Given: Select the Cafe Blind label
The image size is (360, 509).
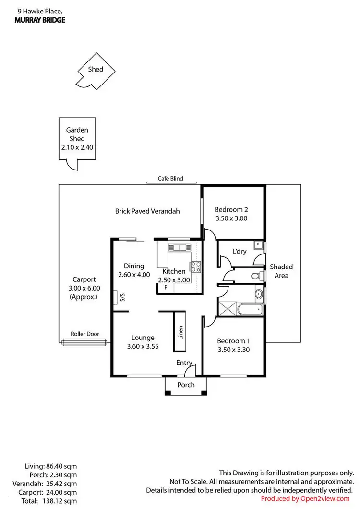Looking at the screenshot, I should (170, 179).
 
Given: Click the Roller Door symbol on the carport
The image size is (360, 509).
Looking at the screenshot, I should (84, 342).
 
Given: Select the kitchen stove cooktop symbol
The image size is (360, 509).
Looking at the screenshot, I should (196, 267).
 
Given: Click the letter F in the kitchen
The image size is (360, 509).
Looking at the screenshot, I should (166, 287).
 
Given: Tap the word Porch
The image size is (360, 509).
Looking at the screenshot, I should (186, 385).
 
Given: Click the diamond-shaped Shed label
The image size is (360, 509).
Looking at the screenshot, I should (96, 69).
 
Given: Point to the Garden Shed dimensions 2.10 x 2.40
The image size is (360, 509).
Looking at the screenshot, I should (77, 147).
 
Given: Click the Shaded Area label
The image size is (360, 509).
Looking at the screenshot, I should (281, 271).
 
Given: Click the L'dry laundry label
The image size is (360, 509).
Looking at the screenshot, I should (240, 252).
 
